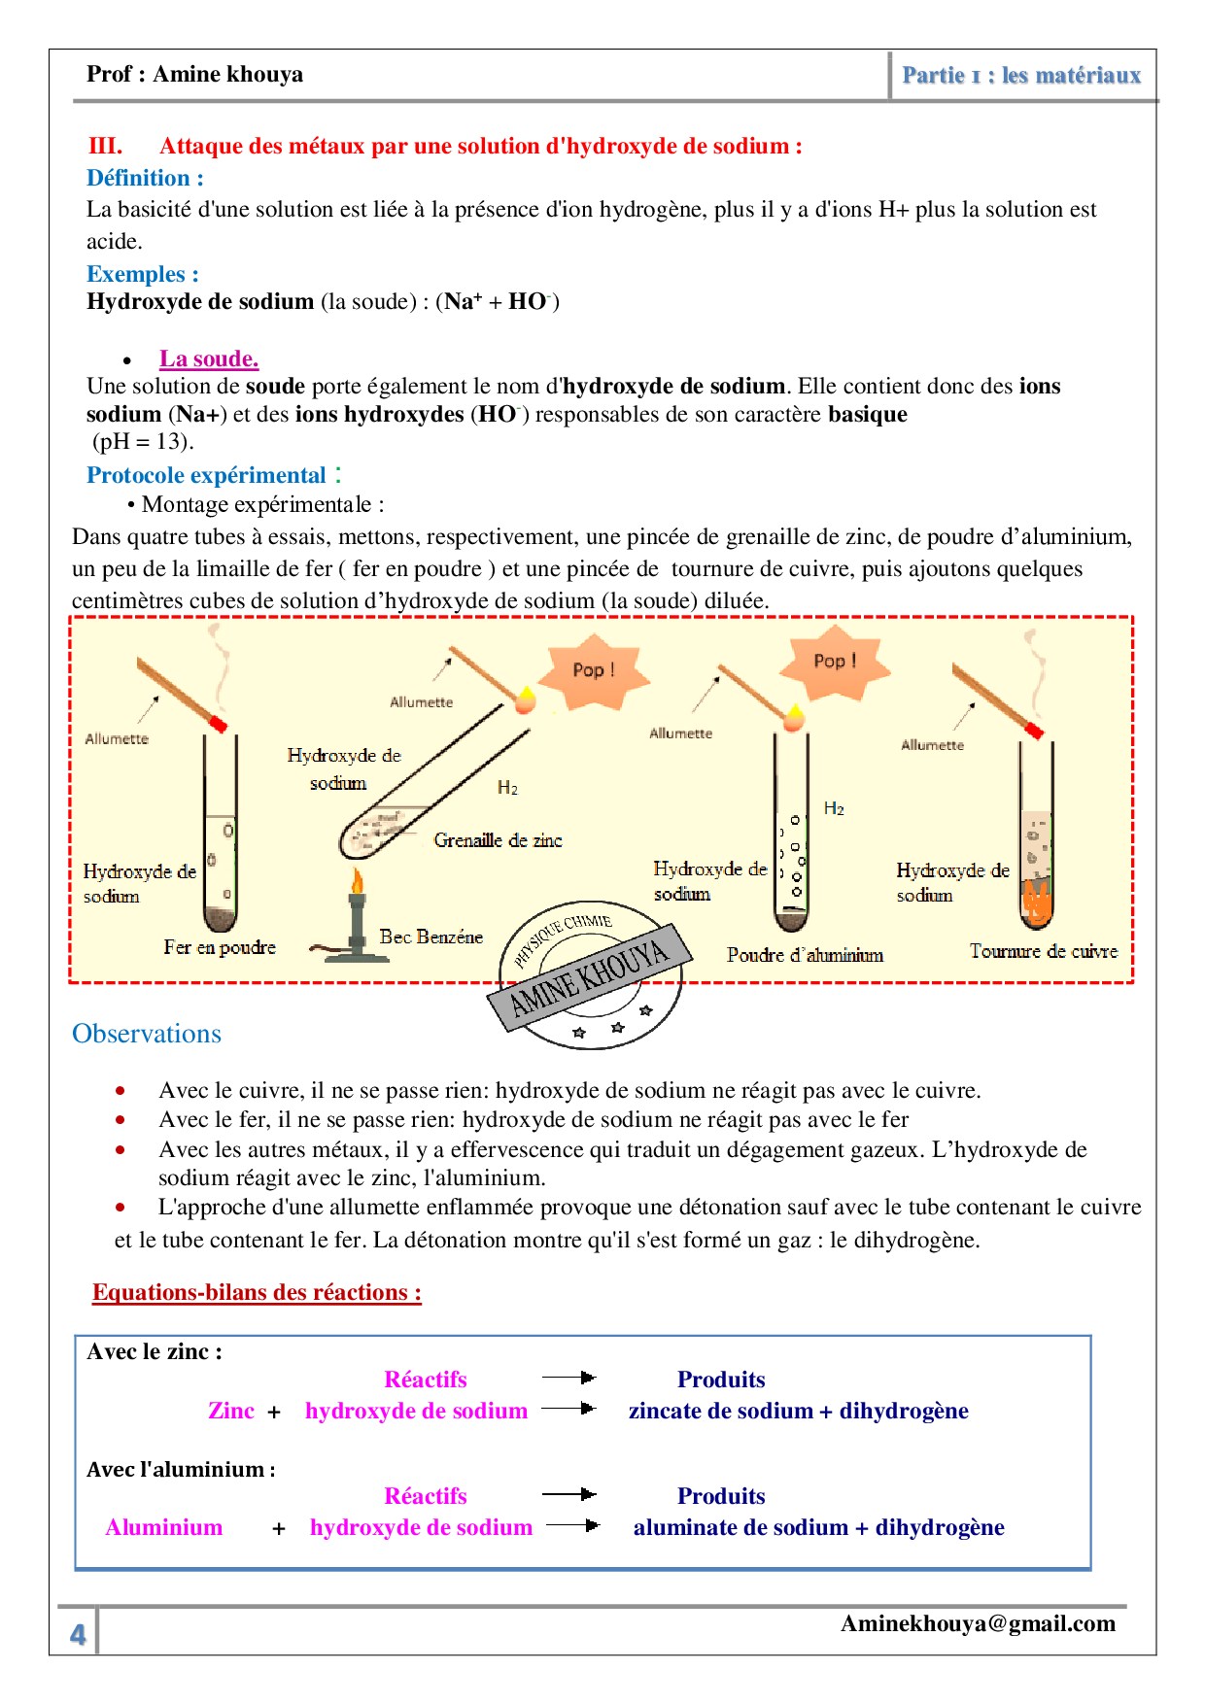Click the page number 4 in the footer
point(78,1634)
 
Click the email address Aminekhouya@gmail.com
point(978,1623)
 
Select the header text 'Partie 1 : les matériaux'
point(1021,75)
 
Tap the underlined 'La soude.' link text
point(209,358)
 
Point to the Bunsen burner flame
point(358,882)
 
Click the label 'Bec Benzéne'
point(430,937)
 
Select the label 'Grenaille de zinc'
point(498,840)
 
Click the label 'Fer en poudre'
point(220,947)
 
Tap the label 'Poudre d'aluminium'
point(805,955)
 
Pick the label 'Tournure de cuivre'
point(1043,951)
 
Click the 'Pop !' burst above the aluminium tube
point(835,662)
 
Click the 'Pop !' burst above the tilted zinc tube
point(593,669)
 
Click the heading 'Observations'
point(147,1034)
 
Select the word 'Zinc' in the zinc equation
point(231,1411)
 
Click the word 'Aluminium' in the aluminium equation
point(164,1527)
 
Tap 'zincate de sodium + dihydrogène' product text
point(798,1411)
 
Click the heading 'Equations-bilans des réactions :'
point(257,1292)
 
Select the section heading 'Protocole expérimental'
point(206,475)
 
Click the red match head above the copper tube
point(1034,730)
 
